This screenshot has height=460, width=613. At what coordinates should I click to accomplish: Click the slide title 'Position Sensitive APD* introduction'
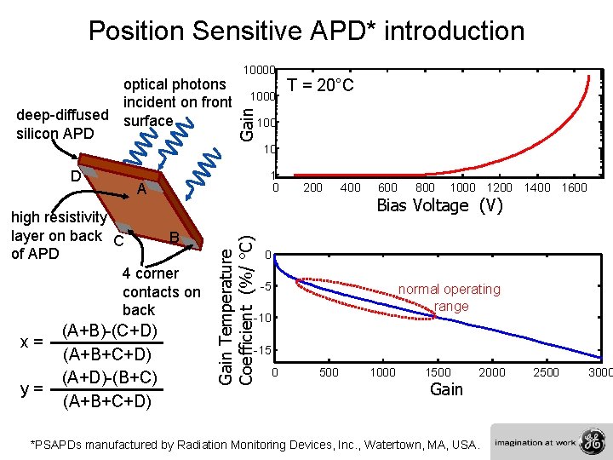click(x=306, y=32)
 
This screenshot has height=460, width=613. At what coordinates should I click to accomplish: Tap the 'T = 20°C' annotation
click(x=320, y=85)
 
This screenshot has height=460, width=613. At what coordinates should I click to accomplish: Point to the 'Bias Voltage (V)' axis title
click(x=440, y=205)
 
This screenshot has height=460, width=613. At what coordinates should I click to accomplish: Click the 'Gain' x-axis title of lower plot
click(x=446, y=390)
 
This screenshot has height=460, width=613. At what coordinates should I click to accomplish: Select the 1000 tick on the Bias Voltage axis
click(x=462, y=187)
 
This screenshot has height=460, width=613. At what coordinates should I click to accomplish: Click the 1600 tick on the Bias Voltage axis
click(x=574, y=187)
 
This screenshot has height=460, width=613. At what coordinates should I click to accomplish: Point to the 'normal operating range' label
click(x=450, y=297)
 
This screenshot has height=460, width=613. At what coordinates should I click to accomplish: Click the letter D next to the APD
click(x=76, y=176)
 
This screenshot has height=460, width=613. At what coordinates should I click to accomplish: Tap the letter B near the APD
click(x=173, y=237)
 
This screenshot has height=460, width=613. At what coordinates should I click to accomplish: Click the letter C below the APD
click(x=118, y=242)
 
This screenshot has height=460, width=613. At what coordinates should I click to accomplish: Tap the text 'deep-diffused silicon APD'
click(x=62, y=124)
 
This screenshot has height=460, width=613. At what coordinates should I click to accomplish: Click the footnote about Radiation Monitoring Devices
click(x=255, y=444)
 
